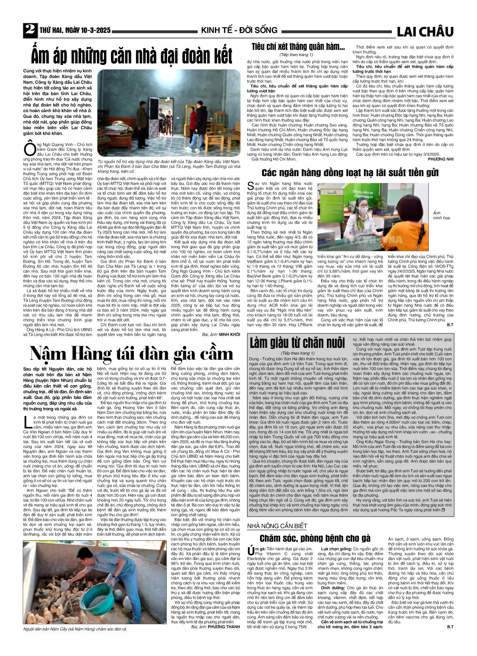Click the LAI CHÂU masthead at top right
coord(425,31)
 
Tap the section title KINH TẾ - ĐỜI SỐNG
coord(239,30)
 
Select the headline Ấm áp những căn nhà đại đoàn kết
coord(132,56)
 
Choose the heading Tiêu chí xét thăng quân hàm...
coord(298,47)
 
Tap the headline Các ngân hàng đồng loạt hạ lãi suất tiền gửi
coord(350,173)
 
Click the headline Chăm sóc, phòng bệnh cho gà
coord(315,538)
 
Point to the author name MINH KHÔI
coord(230,334)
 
